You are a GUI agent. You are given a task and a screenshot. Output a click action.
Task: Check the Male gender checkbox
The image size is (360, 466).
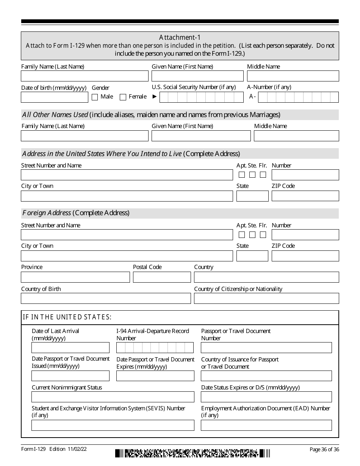(95, 97)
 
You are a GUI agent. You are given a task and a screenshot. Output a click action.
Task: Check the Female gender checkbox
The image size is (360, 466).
(123, 97)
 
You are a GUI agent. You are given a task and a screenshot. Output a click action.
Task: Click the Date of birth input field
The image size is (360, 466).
(55, 97)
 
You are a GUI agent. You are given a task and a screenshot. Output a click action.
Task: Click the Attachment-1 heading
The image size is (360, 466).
(180, 37)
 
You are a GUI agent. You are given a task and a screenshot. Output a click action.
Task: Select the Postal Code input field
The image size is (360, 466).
(162, 277)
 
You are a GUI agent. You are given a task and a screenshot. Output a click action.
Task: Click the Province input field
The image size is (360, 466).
(75, 277)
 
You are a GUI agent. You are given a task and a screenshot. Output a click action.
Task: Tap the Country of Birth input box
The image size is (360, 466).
(106, 299)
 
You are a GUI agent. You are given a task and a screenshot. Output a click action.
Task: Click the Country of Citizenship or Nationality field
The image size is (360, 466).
(266, 299)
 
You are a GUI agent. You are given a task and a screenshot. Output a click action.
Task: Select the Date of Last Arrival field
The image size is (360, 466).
(70, 347)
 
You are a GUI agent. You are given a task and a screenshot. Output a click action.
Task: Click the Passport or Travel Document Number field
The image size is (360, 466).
(266, 347)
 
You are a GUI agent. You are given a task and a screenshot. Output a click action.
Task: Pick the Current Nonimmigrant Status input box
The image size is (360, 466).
(113, 397)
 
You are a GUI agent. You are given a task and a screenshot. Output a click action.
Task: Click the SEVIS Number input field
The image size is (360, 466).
(113, 425)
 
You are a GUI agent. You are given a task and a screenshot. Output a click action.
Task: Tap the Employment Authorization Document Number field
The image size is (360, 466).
(266, 425)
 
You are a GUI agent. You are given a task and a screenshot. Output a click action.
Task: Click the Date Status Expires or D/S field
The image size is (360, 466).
(266, 397)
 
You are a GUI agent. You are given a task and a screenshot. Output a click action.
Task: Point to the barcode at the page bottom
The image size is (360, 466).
(193, 453)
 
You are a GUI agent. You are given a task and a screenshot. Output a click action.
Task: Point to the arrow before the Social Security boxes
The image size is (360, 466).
(154, 97)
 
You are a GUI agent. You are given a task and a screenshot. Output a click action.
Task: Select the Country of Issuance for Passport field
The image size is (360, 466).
(266, 375)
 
